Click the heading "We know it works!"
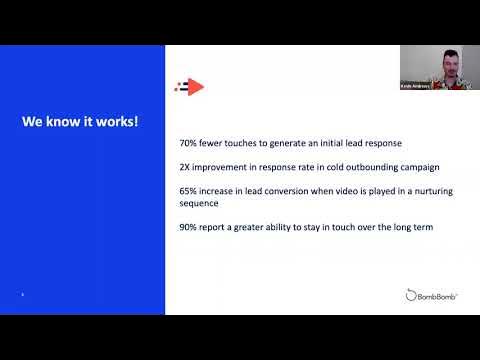[x=81, y=122]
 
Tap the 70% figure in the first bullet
[x=188, y=144]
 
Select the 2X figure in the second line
[x=186, y=166]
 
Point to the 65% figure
[x=188, y=188]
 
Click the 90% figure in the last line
[x=188, y=228]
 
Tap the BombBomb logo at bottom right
[x=433, y=295]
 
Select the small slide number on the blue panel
[x=23, y=294]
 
